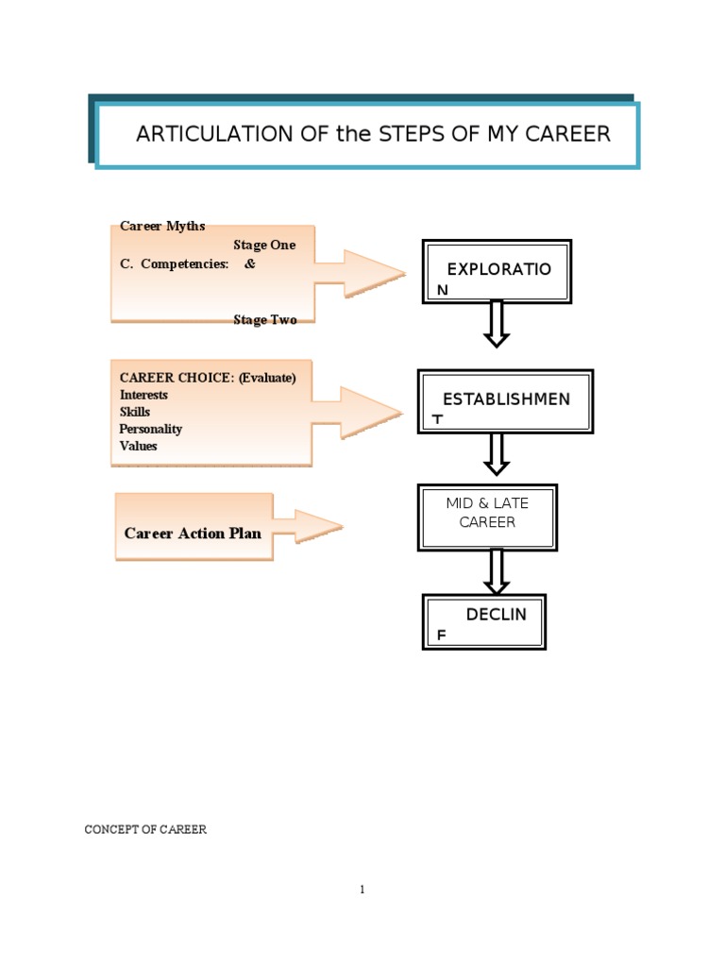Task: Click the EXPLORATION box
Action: coord(497,271)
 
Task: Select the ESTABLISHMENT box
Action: coord(505,401)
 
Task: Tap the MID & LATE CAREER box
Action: coord(488,517)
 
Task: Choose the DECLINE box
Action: coord(484,621)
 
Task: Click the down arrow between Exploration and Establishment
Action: coord(497,324)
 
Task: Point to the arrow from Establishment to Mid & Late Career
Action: coord(497,454)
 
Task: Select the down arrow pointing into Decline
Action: coord(496,570)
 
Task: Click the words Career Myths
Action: coord(162,227)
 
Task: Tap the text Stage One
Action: coord(264,246)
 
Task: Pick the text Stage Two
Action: coord(265,320)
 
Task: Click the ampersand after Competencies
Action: coord(250,264)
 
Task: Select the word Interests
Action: coord(143,395)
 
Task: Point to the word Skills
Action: coord(135,412)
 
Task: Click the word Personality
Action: coord(151,429)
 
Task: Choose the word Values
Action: coord(139,446)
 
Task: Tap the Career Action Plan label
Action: coord(193,533)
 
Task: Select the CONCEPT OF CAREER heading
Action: coord(145,829)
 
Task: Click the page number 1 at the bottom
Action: coord(362,890)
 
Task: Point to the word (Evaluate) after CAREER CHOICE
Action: coord(267,378)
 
